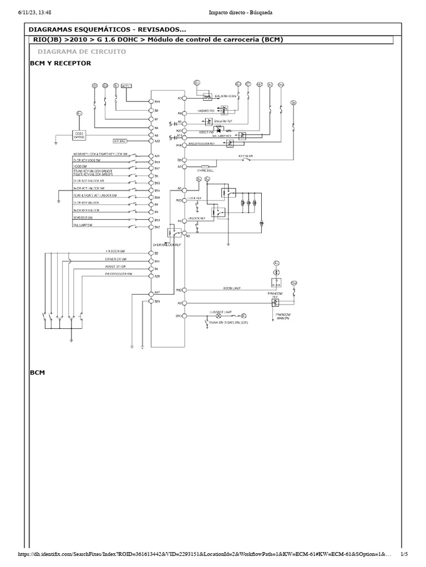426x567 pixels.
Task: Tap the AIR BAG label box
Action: click(120, 141)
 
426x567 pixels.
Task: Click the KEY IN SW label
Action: click(246, 157)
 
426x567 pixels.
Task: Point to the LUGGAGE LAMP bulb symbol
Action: click(210, 316)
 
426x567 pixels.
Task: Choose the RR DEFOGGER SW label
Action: click(118, 274)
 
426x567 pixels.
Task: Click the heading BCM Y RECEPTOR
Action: click(60, 63)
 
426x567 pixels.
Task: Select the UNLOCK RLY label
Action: click(197, 219)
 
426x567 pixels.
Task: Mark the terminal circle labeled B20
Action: click(150, 302)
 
